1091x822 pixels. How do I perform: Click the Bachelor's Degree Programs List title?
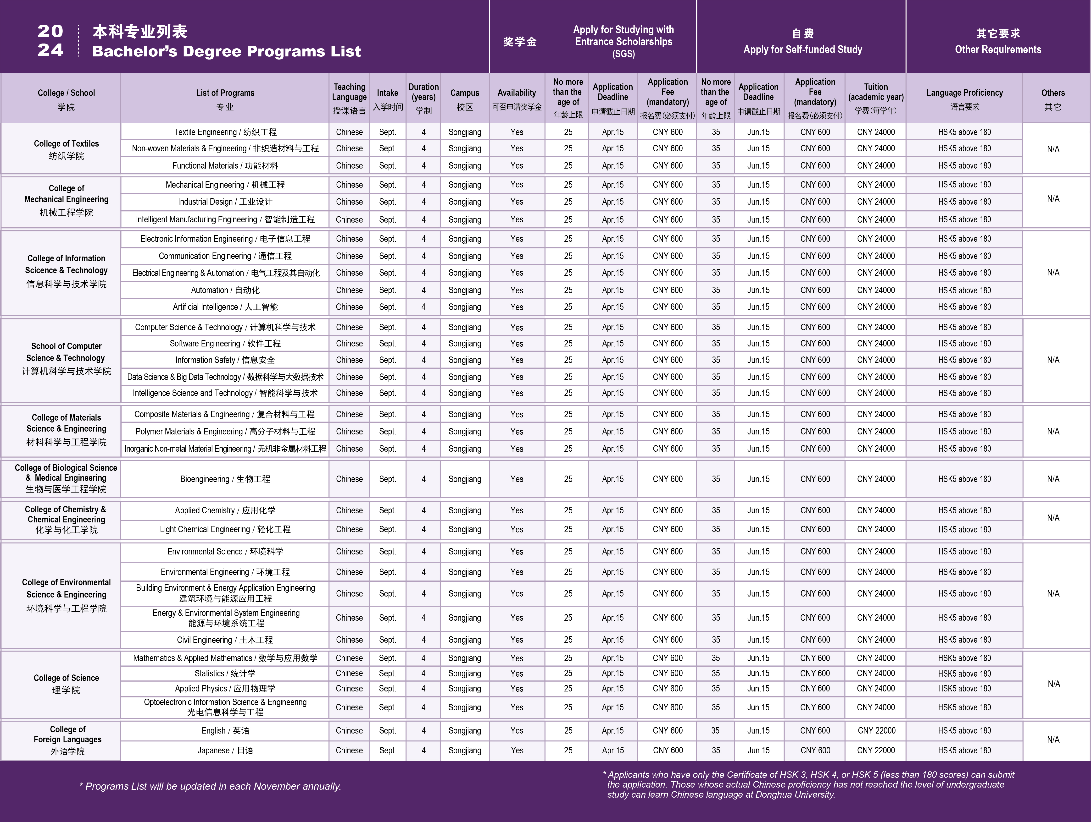pos(226,51)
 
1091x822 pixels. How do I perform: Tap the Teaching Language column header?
pos(349,98)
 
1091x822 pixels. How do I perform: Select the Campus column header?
pos(465,98)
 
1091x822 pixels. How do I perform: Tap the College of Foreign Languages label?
pos(67,740)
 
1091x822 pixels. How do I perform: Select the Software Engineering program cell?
pos(225,344)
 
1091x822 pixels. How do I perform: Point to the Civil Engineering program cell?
pos(225,640)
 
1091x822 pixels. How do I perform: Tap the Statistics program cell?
pos(225,673)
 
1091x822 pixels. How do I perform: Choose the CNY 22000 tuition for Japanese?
pos(876,750)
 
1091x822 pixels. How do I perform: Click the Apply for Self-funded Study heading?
pos(802,49)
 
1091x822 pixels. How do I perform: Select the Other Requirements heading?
pos(998,49)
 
